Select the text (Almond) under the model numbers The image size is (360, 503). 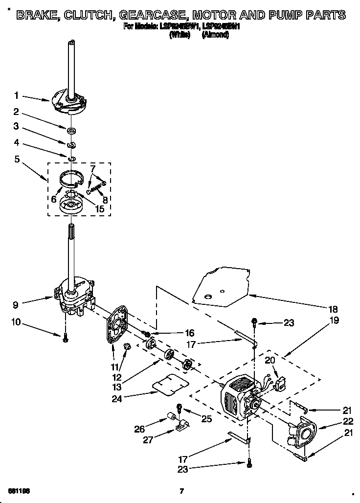tap(215, 35)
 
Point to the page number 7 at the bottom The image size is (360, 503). tap(181, 491)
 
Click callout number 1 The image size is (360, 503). tap(16, 95)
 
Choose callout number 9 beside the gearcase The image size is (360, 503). tap(16, 304)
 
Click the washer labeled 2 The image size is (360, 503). tap(71, 130)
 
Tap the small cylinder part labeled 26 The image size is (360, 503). tap(172, 416)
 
